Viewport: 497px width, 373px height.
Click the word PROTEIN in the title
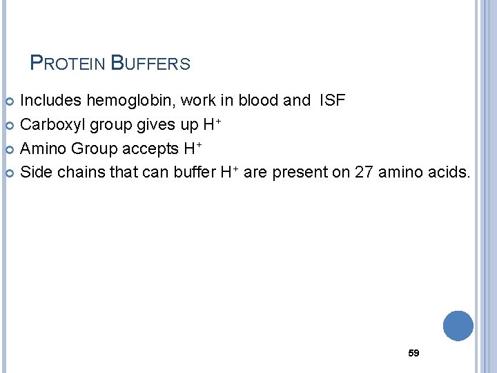(68, 64)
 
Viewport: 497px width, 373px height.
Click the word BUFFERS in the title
(150, 64)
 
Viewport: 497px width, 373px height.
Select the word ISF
(332, 101)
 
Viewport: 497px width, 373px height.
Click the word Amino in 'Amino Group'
(43, 149)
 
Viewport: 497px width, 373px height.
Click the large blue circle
(458, 326)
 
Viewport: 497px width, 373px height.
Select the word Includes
(50, 101)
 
